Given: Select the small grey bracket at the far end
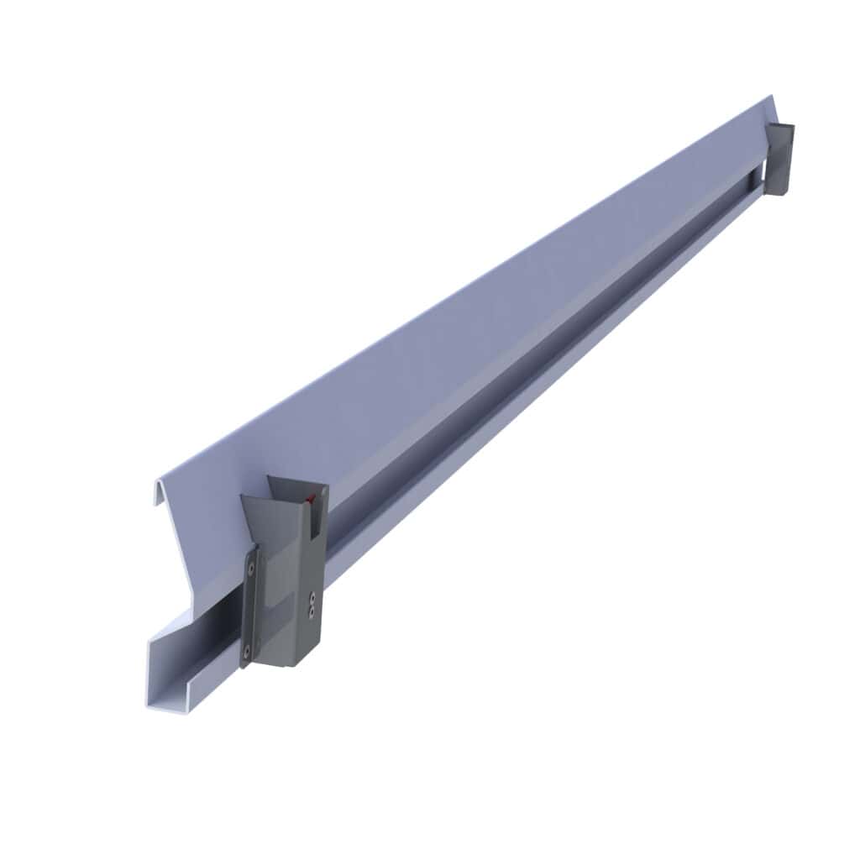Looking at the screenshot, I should point(779,160).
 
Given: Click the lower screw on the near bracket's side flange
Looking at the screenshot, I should point(248,650).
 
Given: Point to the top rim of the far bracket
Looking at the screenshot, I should point(781,126).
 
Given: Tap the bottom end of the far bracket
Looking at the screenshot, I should point(776,192).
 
